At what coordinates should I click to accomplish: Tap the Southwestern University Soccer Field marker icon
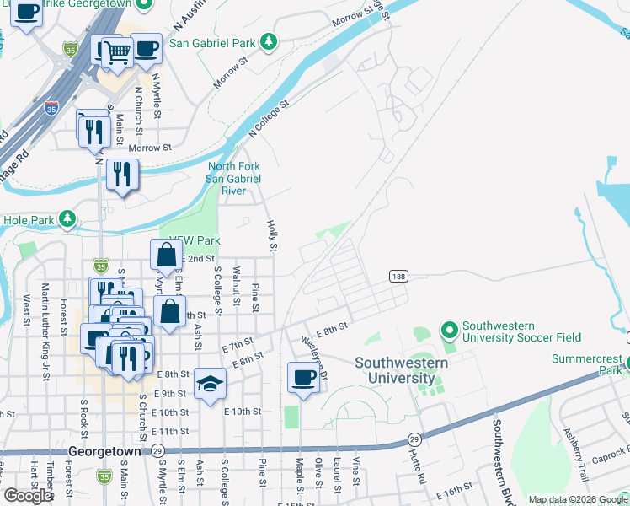(x=449, y=330)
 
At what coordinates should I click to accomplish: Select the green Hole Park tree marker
(x=67, y=221)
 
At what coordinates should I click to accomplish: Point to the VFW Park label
(x=195, y=240)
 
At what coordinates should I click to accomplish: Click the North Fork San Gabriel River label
(x=234, y=178)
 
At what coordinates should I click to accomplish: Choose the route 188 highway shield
(x=398, y=277)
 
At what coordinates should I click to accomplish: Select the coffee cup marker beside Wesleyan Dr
(x=303, y=377)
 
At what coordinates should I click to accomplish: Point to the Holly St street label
(x=271, y=235)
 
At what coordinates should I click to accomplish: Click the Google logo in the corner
(x=28, y=496)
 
